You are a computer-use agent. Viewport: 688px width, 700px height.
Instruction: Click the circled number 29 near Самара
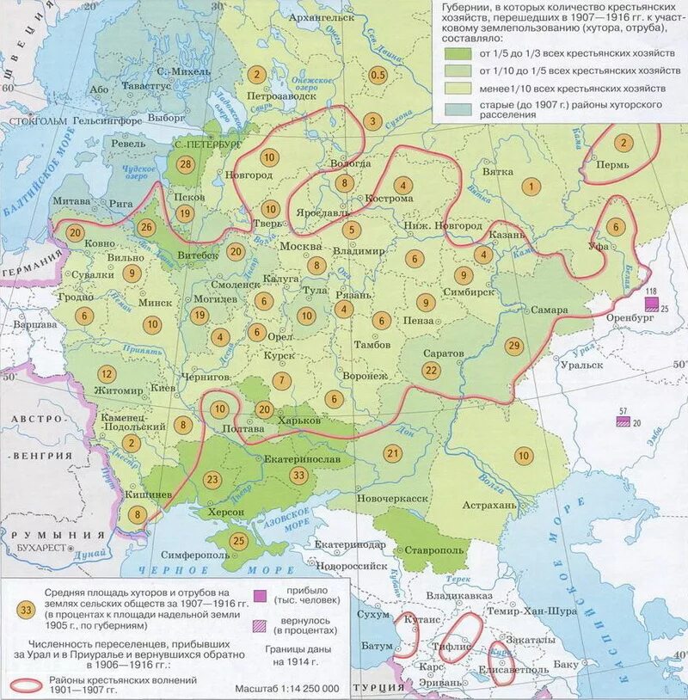coord(514,345)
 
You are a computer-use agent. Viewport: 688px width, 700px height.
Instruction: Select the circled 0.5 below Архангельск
coord(378,76)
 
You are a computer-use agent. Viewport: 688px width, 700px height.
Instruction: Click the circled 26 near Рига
coord(145,228)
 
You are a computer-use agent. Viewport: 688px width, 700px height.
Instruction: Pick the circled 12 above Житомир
coord(107,374)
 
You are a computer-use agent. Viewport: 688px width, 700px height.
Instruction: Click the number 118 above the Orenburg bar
coord(651,292)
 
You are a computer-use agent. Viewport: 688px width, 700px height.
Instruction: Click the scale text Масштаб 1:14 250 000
coord(286,689)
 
